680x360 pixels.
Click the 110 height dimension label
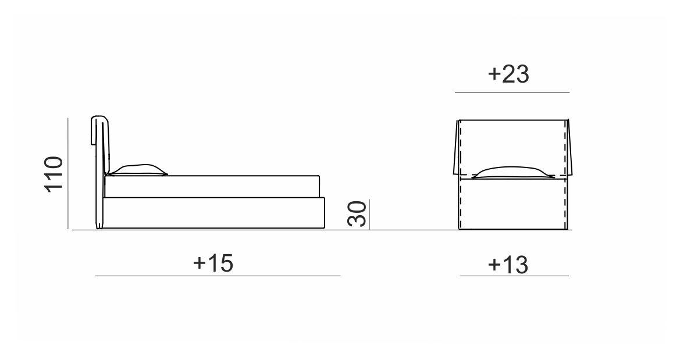54,173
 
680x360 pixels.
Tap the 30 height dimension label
357,214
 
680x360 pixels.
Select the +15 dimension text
213,263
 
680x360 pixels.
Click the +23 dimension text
508,74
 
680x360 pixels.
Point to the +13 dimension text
508,264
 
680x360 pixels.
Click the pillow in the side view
137,170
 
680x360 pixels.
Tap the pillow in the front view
512,173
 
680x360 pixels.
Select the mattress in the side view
212,187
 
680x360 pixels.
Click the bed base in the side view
214,213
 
